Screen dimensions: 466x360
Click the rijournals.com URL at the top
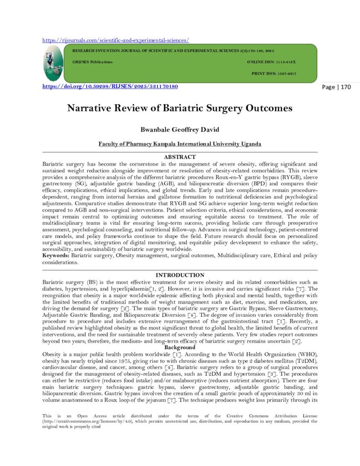tap(116, 40)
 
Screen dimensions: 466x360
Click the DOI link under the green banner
tap(110, 86)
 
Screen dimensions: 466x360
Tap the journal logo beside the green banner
tap(53, 63)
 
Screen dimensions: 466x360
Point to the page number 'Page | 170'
tap(336, 87)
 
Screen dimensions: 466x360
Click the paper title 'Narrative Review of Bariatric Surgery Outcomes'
tap(180, 109)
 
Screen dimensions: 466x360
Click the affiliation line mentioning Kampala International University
tap(180, 144)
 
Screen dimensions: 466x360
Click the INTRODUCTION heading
tap(180, 275)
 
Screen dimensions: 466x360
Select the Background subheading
tap(180, 347)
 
